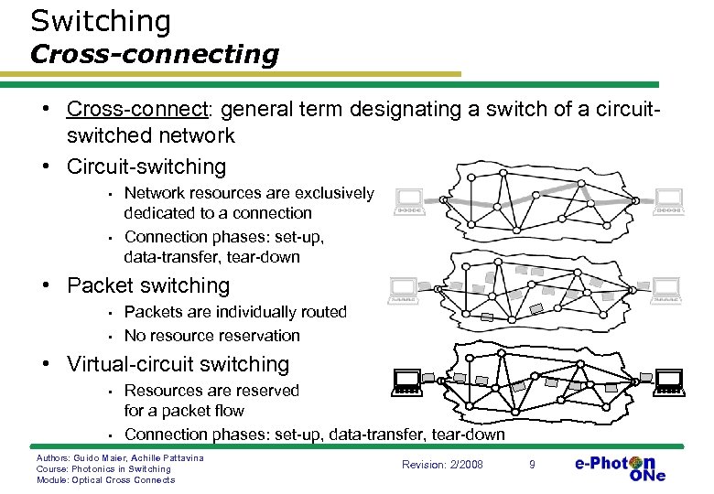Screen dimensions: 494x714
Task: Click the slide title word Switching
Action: click(x=101, y=21)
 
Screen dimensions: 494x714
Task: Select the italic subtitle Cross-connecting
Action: click(x=154, y=54)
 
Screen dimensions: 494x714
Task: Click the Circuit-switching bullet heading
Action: click(x=146, y=166)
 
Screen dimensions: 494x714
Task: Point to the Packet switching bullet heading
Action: click(x=148, y=285)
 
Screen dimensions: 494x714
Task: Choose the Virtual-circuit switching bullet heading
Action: click(x=178, y=364)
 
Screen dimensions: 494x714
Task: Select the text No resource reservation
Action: click(x=211, y=335)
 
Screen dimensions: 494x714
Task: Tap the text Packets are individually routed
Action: click(x=235, y=312)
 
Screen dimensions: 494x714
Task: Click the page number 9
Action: click(x=532, y=466)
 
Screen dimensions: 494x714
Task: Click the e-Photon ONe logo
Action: click(x=621, y=467)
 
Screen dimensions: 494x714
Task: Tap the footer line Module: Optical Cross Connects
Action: click(x=105, y=480)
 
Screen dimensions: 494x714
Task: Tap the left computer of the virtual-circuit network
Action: click(x=407, y=381)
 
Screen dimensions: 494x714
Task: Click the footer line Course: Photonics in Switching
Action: click(x=103, y=468)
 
